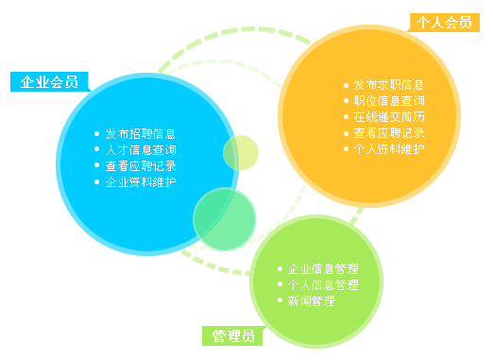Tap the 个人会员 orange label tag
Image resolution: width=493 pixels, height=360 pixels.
[x=444, y=23]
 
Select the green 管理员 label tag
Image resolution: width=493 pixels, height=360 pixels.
[x=233, y=335]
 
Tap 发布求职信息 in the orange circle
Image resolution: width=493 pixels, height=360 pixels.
[x=388, y=85]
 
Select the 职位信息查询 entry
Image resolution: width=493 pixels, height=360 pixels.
[x=388, y=101]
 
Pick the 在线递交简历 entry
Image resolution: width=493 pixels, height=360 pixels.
[x=388, y=117]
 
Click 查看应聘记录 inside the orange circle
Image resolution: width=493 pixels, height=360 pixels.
[x=388, y=133]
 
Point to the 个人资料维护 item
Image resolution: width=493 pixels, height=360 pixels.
[x=388, y=149]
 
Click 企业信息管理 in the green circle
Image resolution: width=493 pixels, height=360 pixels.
[x=323, y=268]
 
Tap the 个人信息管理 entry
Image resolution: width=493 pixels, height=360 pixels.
[x=323, y=284]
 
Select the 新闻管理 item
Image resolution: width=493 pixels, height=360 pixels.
[x=311, y=300]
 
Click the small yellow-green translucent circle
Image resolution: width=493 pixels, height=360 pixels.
[x=241, y=153]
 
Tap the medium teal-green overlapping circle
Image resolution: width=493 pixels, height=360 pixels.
[x=225, y=218]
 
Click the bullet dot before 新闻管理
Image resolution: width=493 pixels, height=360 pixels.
[x=280, y=300]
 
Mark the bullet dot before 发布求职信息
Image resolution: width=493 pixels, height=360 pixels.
[x=346, y=86]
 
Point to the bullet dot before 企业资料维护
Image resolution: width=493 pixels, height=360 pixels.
[x=97, y=181]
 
